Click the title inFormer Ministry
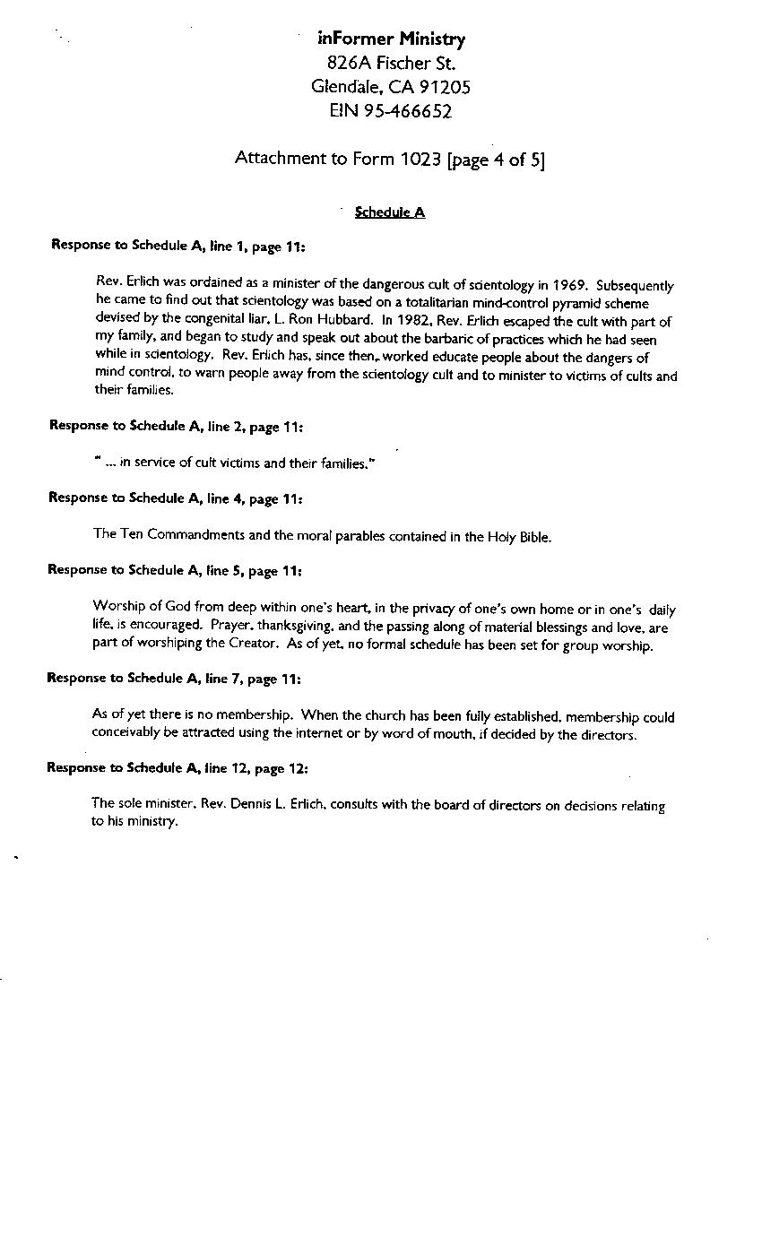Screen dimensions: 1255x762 tap(391, 39)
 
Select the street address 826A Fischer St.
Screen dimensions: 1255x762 tap(391, 63)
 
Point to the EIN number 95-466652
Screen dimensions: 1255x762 tap(403, 111)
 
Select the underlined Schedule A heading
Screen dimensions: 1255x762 tap(390, 212)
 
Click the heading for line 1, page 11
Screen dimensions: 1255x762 tap(178, 245)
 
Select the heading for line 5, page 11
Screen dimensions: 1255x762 tap(175, 570)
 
